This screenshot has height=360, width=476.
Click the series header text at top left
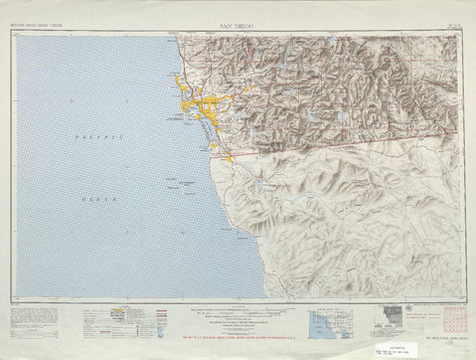(33, 21)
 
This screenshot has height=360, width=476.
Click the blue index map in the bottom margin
(327, 325)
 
